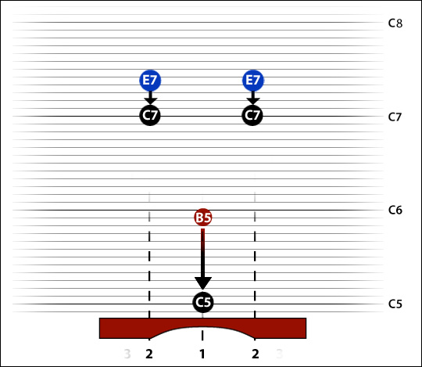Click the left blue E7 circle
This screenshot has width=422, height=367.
coord(150,81)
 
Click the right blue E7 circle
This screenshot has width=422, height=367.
coord(253,81)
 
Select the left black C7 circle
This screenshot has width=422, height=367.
coord(150,115)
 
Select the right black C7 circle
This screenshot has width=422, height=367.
coord(252,115)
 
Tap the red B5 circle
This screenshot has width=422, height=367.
coord(203,218)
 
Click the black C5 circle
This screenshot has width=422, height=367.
coord(203,302)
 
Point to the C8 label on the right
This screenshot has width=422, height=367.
coord(395,23)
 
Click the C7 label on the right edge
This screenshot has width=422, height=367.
coord(395,117)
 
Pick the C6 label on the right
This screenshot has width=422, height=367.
coord(395,210)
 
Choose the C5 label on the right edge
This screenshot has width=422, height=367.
coord(395,304)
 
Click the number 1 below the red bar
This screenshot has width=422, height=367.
coord(202,354)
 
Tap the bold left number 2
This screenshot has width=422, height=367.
coord(149,354)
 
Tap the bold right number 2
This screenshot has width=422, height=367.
coord(256,354)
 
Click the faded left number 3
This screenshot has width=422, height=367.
coord(127,354)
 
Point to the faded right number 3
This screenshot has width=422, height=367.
coord(280,354)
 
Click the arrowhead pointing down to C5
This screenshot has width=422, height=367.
coord(203,283)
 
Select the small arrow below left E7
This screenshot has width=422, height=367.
coord(151,98)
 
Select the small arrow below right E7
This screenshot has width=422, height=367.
coord(252,98)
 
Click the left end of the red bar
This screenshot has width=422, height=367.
coord(99,328)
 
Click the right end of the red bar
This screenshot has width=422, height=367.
coord(306,328)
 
